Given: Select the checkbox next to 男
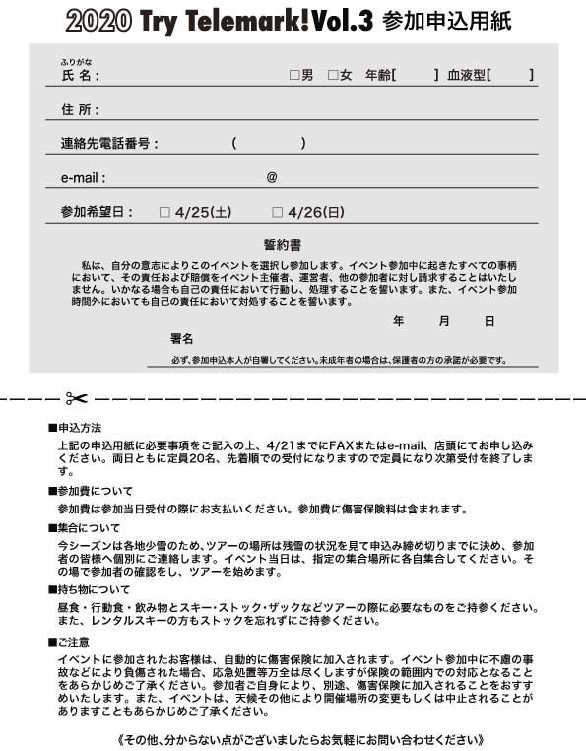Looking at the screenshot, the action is coord(293,74).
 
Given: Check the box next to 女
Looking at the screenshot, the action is coord(333,74).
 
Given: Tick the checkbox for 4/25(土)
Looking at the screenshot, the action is coord(164,211).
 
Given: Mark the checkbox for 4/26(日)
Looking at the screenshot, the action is coord(278,211).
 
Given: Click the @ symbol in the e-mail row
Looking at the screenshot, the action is coord(272,178).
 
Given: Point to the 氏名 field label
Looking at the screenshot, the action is coord(80,75).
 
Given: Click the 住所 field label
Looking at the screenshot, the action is coord(80,109).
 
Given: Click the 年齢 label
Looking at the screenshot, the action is coord(377,74).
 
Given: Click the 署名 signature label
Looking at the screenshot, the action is coord(181,338).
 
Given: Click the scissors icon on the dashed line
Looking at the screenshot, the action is coord(76,398).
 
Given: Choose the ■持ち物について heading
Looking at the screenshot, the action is coord(90,589).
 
